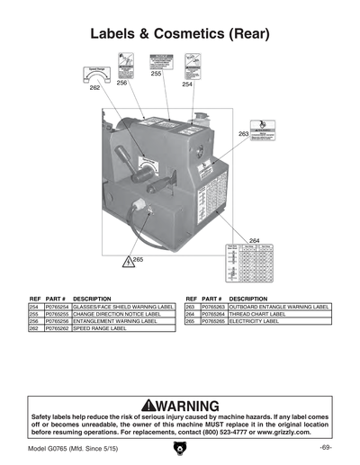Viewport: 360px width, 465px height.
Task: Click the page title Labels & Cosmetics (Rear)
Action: [180, 35]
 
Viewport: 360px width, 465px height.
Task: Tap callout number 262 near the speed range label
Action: [94, 89]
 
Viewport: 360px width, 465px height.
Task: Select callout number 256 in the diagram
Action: [121, 82]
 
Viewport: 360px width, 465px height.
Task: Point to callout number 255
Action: [156, 74]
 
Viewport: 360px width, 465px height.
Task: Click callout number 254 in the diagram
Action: [186, 85]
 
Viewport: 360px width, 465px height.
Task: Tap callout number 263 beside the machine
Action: [243, 133]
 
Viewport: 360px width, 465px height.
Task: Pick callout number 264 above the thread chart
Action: [254, 240]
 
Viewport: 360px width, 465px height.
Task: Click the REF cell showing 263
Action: [190, 307]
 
